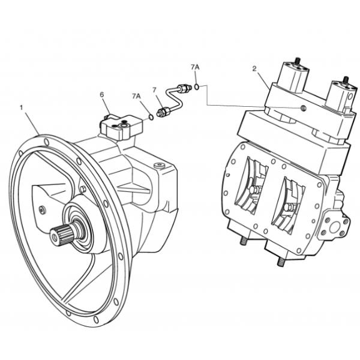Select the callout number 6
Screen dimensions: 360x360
click(x=102, y=94)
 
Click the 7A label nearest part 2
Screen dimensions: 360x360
click(x=195, y=65)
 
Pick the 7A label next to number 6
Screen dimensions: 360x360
click(x=137, y=95)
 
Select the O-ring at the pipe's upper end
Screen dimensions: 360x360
click(x=196, y=88)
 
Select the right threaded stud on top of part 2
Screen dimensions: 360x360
click(x=346, y=79)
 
